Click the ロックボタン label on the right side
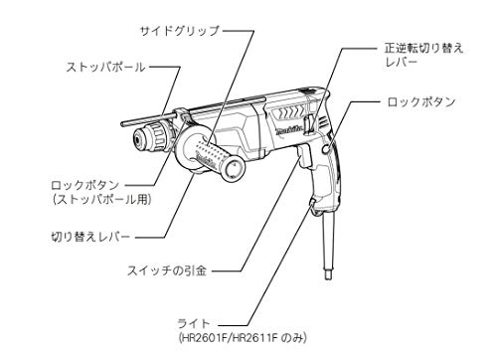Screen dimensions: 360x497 (422, 102)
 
